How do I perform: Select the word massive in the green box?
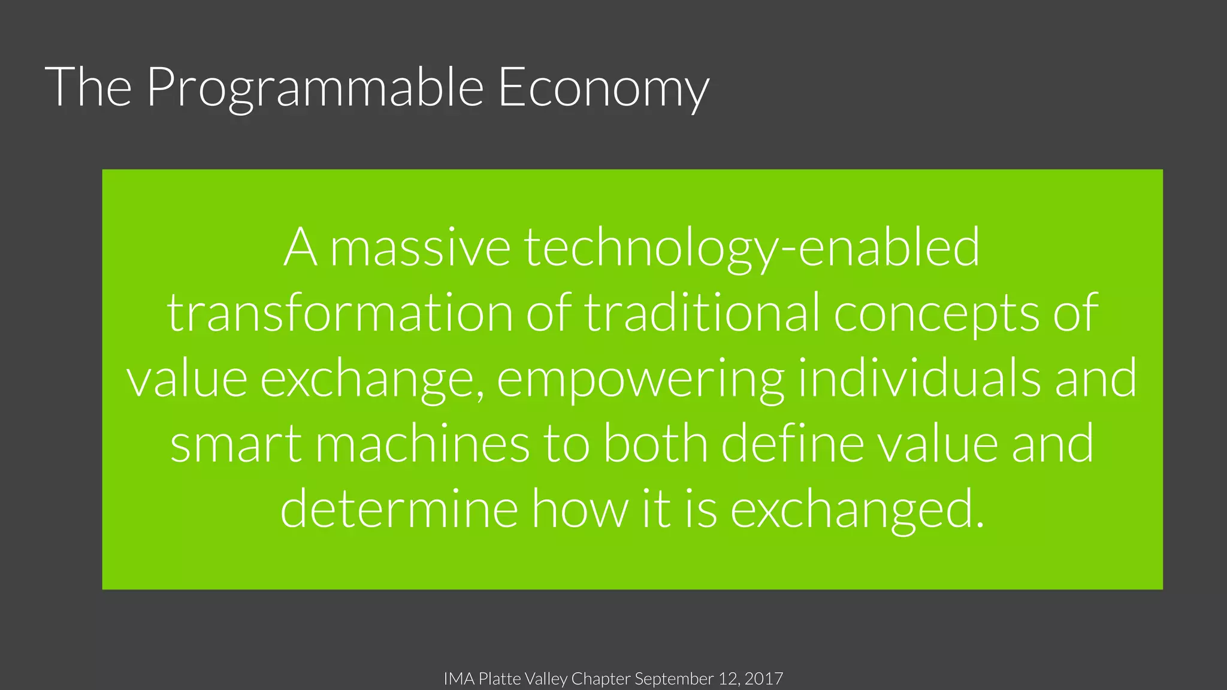pyautogui.click(x=420, y=249)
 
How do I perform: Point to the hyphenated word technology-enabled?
pyautogui.click(x=752, y=249)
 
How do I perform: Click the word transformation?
pyautogui.click(x=339, y=313)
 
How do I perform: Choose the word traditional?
pyautogui.click(x=702, y=313)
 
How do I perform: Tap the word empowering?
pyautogui.click(x=640, y=379)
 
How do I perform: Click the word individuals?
pyautogui.click(x=919, y=379)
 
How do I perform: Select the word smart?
pyautogui.click(x=236, y=444)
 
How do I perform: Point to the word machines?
pyautogui.click(x=422, y=444)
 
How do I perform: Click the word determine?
pyautogui.click(x=399, y=509)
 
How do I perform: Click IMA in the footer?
pyautogui.click(x=459, y=679)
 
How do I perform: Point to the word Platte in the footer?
pyautogui.click(x=500, y=679)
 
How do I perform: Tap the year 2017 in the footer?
pyautogui.click(x=763, y=679)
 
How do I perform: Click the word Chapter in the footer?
pyautogui.click(x=600, y=679)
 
